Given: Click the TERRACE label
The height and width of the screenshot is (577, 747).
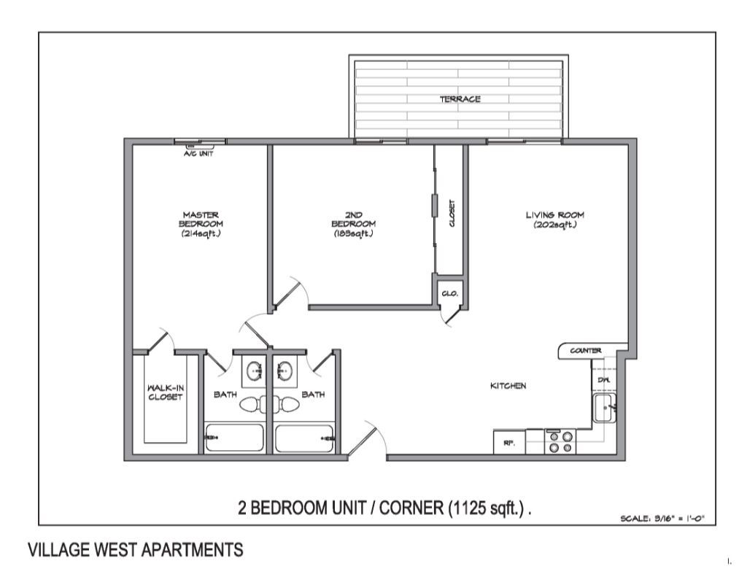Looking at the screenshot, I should [x=460, y=99].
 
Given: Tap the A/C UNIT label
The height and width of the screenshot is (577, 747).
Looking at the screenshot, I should [x=198, y=154].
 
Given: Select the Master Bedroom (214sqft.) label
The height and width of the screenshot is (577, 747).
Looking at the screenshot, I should [x=201, y=224].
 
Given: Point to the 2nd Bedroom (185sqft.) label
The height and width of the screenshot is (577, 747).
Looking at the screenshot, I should [x=353, y=224].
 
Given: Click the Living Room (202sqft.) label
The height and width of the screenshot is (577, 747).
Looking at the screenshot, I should [x=555, y=220].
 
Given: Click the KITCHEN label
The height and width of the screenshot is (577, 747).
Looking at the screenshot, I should [x=508, y=386].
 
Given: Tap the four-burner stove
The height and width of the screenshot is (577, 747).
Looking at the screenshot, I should [x=561, y=443].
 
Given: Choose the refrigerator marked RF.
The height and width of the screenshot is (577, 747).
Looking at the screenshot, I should [x=509, y=443].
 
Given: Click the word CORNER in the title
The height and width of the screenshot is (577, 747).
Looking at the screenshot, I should [x=411, y=507].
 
